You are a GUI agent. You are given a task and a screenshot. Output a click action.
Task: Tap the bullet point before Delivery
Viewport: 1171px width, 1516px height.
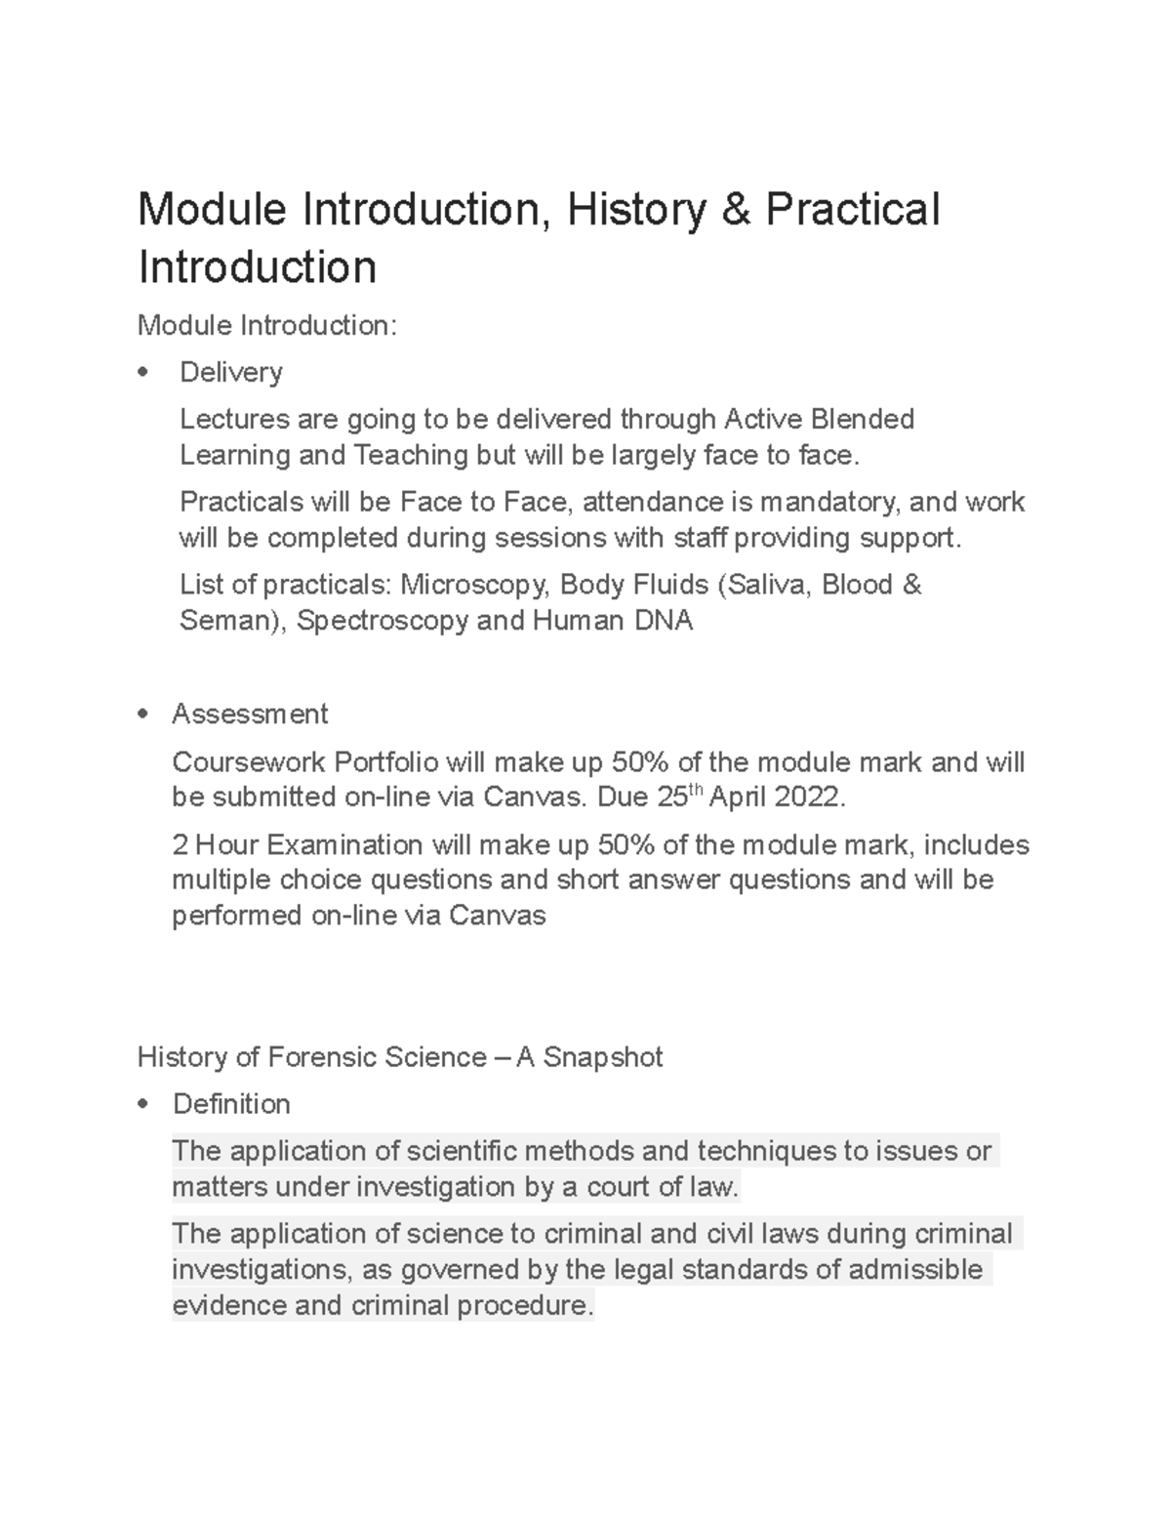[145, 372]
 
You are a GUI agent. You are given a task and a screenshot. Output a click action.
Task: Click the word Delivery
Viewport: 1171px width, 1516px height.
[231, 372]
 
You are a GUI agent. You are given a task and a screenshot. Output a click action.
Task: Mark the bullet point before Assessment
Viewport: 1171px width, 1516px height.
[145, 715]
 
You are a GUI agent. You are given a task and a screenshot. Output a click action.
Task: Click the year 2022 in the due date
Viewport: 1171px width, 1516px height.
[805, 798]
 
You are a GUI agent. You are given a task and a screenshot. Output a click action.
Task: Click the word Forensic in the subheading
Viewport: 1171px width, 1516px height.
[322, 1057]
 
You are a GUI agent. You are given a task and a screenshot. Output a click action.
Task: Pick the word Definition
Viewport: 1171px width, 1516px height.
[231, 1104]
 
